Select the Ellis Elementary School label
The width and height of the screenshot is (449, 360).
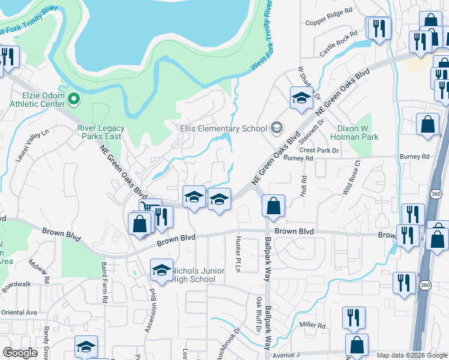(x=223, y=128)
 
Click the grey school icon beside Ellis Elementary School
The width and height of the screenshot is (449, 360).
(x=277, y=127)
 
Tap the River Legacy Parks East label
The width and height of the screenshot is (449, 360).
(x=99, y=131)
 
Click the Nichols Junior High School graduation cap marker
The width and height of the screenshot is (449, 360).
(x=161, y=272)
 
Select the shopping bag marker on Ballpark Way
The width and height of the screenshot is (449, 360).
(x=273, y=206)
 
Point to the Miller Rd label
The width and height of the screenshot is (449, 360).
(x=313, y=326)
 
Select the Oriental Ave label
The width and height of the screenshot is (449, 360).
(x=19, y=313)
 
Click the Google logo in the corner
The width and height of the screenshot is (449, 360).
(x=20, y=353)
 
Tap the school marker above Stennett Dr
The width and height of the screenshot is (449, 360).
(x=301, y=99)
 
